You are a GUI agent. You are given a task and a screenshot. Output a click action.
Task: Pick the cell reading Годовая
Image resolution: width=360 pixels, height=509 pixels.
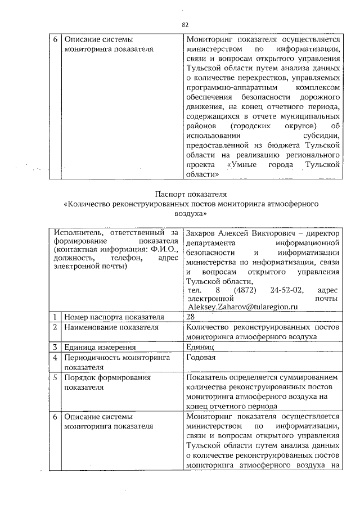[x=201, y=357]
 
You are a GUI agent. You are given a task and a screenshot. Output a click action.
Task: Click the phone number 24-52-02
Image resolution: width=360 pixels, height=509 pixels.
[x=287, y=290]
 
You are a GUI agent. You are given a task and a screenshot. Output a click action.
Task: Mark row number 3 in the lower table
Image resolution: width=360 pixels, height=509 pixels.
[x=55, y=347]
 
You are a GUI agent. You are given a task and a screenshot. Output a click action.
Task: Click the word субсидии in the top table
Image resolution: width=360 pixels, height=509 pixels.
[x=321, y=136]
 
